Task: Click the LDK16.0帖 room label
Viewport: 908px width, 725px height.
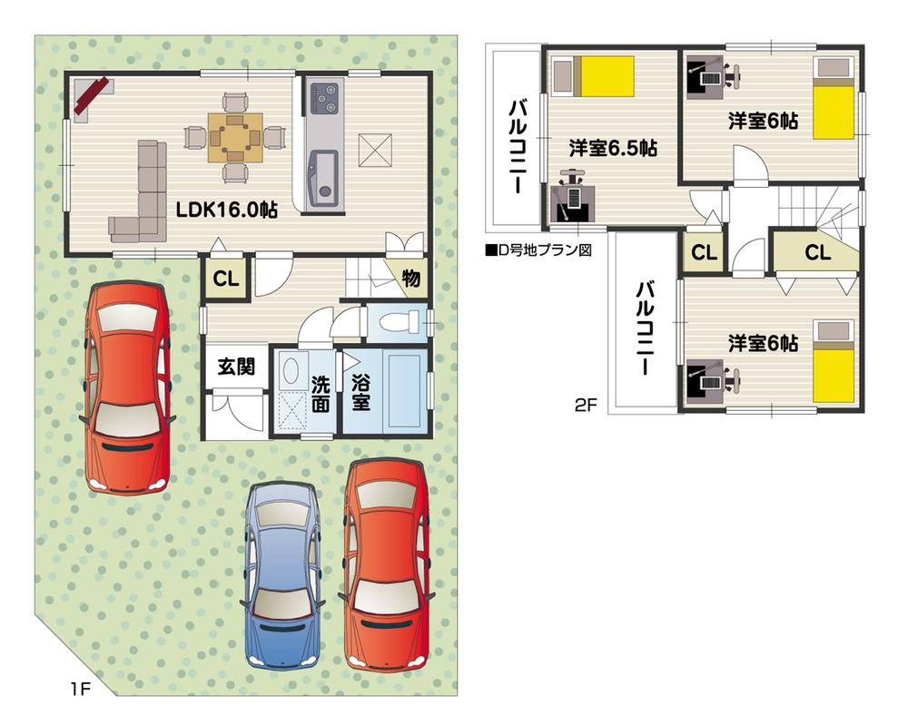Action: tap(226, 209)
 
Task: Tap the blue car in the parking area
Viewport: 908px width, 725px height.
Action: tap(283, 573)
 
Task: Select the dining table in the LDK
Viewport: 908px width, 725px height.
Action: tap(235, 137)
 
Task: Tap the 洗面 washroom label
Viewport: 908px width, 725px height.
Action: tap(320, 392)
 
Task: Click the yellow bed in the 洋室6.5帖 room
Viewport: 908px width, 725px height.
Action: tap(607, 75)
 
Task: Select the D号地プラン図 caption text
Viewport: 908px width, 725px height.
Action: tap(538, 250)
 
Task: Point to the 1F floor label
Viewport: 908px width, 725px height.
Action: tap(80, 690)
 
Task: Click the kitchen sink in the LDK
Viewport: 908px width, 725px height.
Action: tap(322, 174)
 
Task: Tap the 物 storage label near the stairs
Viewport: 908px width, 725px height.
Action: tap(411, 279)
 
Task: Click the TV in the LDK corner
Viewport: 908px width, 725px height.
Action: tap(91, 95)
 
